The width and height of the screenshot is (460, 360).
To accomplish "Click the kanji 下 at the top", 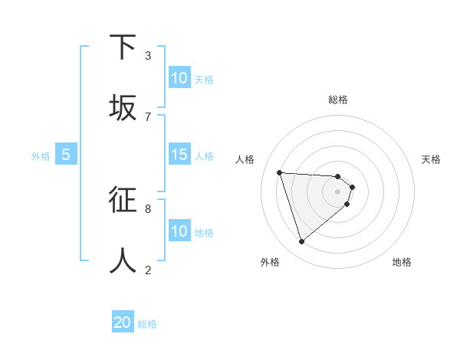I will pos(123,47).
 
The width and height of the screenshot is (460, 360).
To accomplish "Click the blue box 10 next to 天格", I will pos(179,78).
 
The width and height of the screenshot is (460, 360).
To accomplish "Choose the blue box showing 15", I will pos(179,155).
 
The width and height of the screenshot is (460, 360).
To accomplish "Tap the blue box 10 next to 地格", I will pos(179,231).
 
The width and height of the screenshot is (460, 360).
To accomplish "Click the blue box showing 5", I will pos(66,155).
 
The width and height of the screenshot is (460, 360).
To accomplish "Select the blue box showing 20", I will pos(123,322).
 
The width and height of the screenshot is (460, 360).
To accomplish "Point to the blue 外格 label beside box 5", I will pos(41,156).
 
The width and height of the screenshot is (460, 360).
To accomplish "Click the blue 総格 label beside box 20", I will pos(147,324).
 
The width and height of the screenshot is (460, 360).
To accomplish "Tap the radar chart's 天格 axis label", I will pos(431,159).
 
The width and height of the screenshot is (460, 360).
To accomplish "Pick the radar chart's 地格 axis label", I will pos(402,262).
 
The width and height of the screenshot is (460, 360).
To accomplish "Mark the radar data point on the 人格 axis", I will pos(280,172).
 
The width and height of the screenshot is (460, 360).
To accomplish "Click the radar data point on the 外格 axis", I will pos(301,242).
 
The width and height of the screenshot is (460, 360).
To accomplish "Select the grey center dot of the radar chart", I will pos(337,191).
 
